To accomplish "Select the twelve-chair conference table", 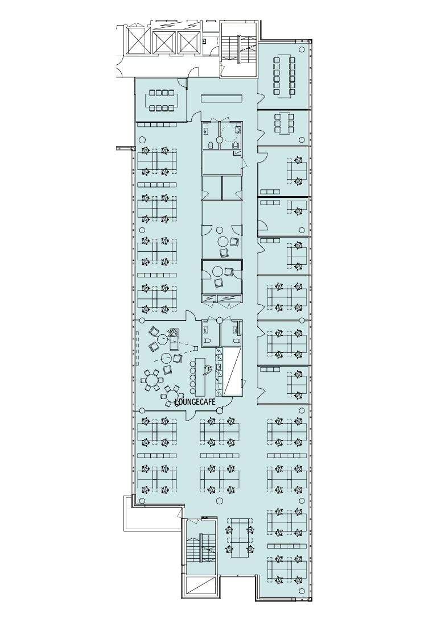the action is point(284,76).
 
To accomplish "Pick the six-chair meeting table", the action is point(284,123).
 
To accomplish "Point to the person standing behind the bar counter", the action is point(207,370).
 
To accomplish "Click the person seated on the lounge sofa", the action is point(173,334).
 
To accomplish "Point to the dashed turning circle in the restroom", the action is point(229,133).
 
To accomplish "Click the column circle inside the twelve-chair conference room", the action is point(302,49).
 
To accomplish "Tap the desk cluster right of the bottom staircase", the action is point(240,536).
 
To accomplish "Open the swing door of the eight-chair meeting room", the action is point(182,82).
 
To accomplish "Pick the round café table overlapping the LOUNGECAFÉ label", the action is point(171,395).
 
